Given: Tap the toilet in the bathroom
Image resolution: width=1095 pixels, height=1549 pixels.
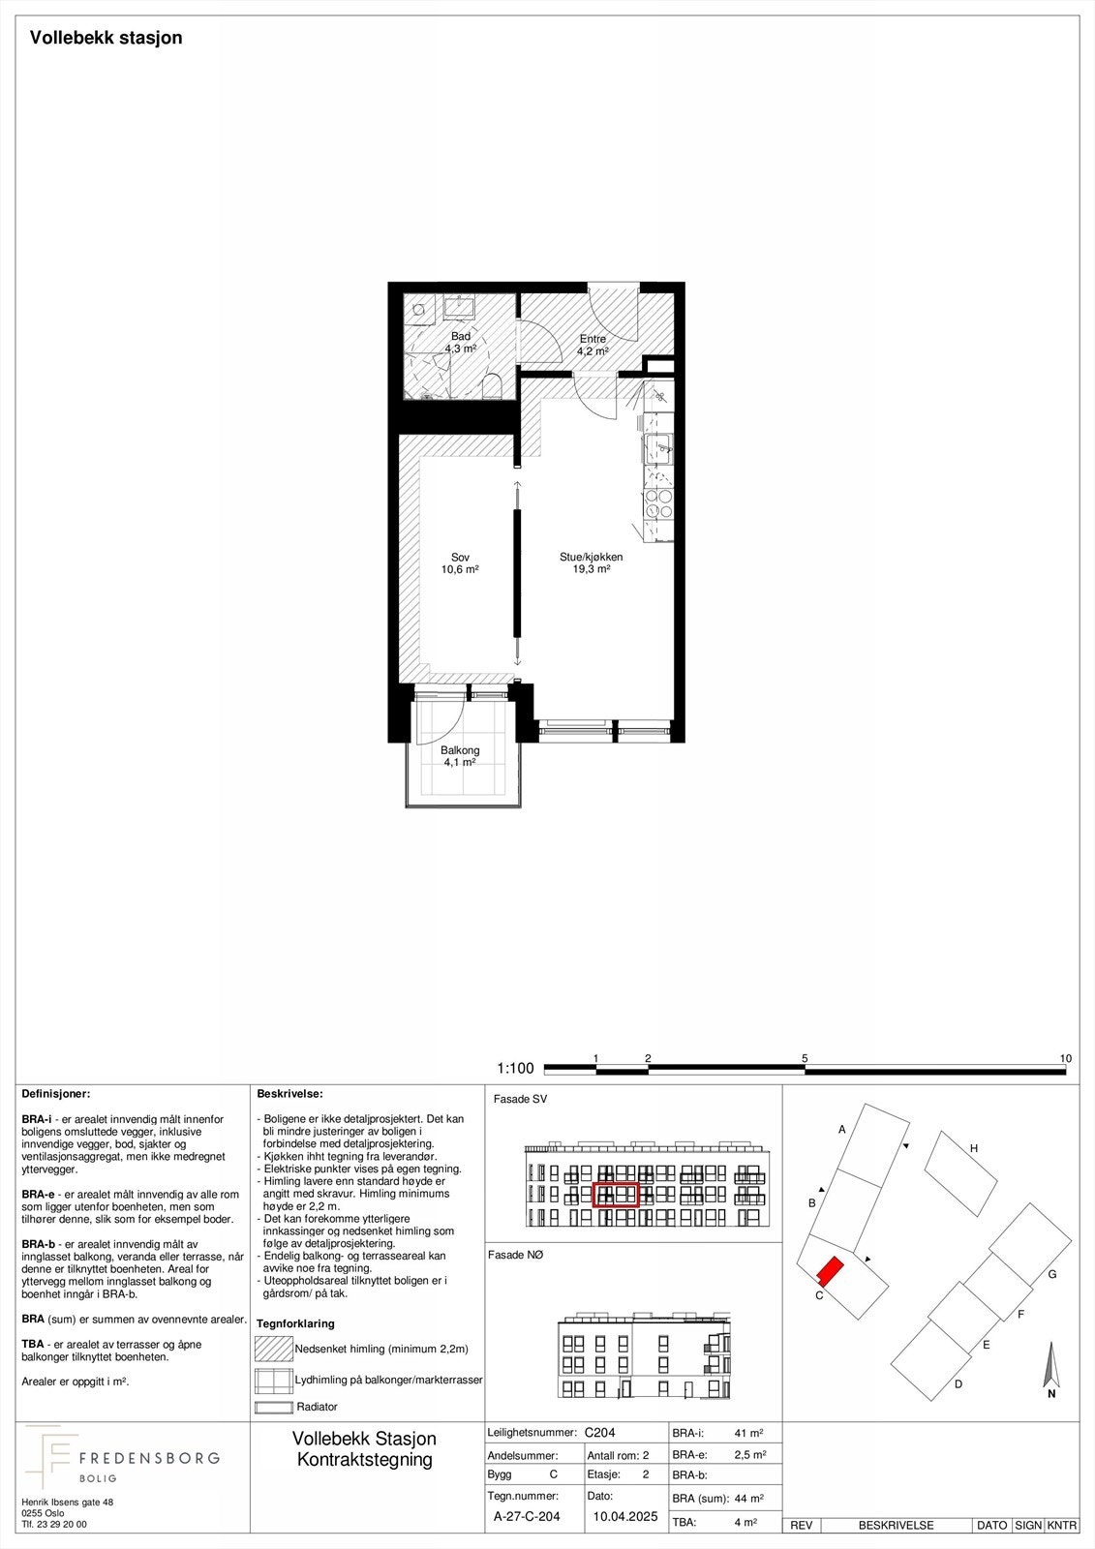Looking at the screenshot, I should (491, 386).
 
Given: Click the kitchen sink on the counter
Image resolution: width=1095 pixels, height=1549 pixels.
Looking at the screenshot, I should (660, 446).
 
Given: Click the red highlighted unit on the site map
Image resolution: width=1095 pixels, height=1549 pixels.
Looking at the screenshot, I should (830, 1271).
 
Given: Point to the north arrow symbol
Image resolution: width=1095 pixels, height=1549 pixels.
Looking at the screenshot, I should (1050, 1367).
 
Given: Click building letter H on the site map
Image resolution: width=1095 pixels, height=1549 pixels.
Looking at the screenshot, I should (974, 1148).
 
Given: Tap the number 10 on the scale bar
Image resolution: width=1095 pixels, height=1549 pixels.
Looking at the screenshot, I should (1066, 1058).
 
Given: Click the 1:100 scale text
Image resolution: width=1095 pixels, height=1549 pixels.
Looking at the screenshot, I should (515, 1069).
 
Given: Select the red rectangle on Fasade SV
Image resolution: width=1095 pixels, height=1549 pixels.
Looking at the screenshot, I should (616, 1195).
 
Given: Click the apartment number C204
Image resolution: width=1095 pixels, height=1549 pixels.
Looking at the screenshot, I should (600, 1433).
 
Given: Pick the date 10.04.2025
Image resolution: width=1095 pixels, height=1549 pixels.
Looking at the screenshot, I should (624, 1517).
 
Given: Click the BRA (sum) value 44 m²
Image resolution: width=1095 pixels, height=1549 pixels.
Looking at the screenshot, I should (748, 1499).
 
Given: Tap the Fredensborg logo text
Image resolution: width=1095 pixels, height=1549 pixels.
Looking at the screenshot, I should (148, 1458).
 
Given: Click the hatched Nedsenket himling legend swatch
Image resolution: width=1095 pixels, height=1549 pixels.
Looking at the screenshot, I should (273, 1349).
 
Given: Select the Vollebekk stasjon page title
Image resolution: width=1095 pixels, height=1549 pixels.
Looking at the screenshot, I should (106, 38).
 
